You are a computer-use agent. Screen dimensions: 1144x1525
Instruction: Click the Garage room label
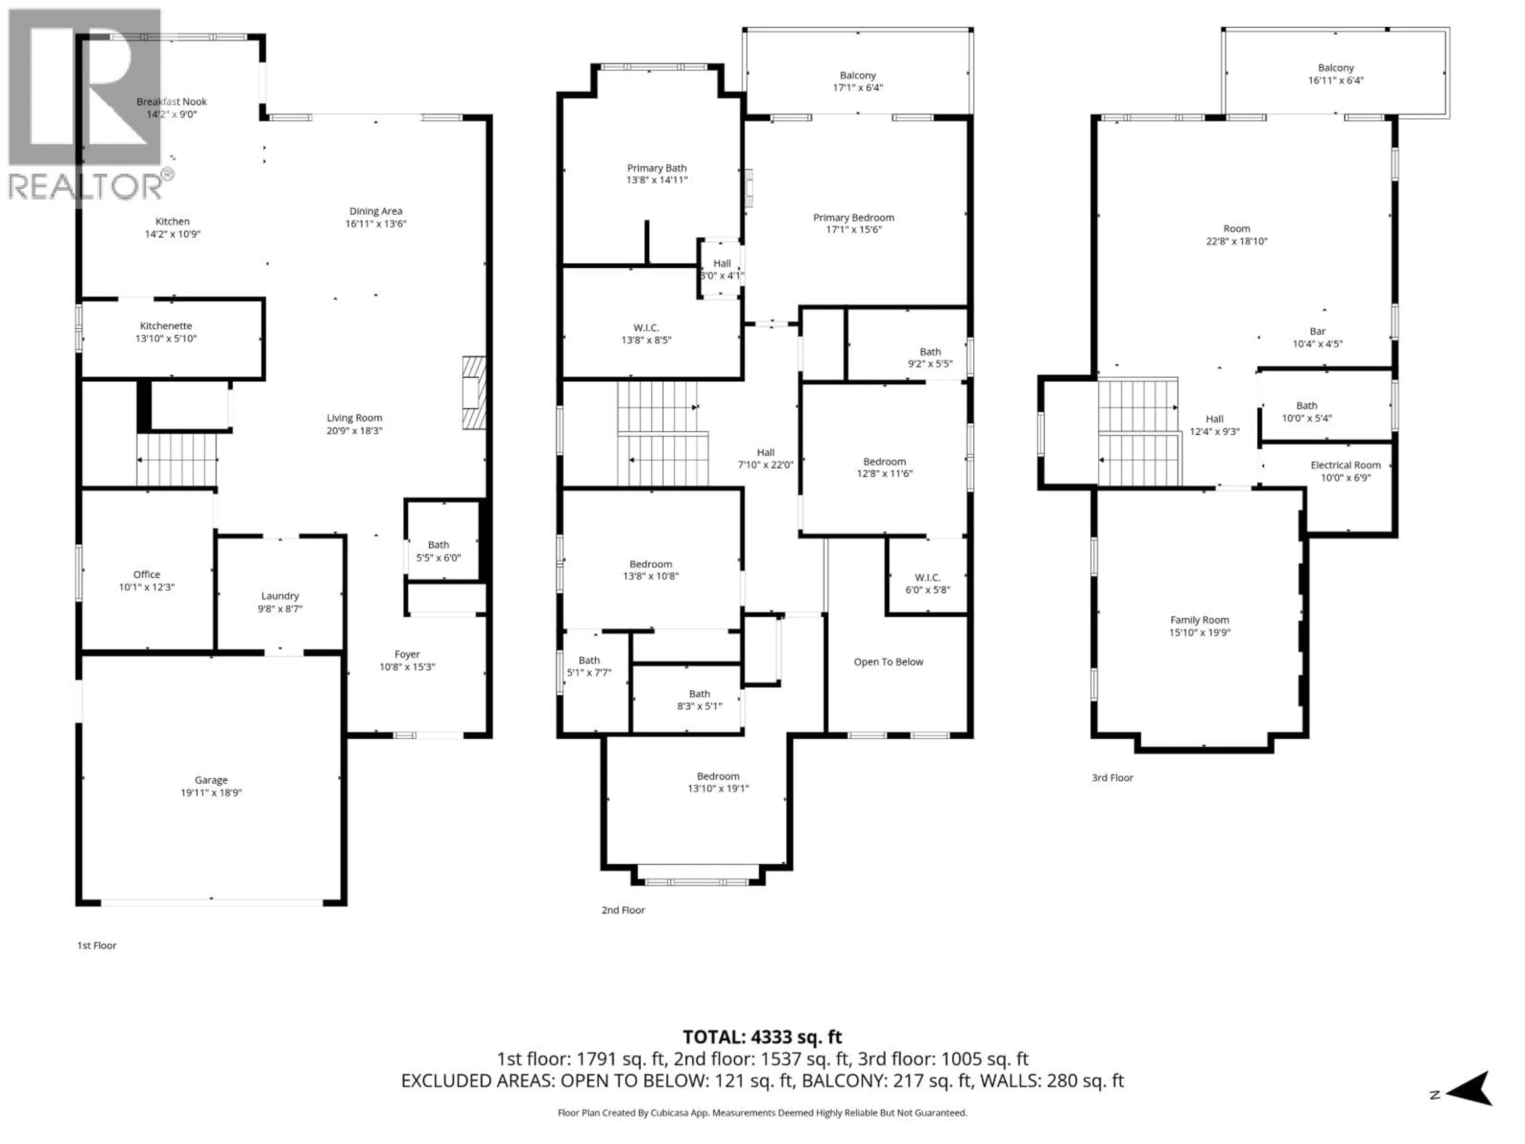[211, 780]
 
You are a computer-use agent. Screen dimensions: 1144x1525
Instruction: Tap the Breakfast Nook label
[172, 101]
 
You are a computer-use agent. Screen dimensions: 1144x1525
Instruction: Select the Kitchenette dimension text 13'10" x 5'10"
[166, 338]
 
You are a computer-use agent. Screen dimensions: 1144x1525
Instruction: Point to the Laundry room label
[280, 596]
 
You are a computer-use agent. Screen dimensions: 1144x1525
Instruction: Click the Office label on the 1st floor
[147, 574]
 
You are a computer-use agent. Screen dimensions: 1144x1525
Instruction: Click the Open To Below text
[888, 662]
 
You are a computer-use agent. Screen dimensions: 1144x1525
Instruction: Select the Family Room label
[1200, 620]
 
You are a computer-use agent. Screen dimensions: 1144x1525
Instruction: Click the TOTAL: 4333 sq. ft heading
[762, 1037]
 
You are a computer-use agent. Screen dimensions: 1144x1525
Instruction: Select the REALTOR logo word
[86, 186]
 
